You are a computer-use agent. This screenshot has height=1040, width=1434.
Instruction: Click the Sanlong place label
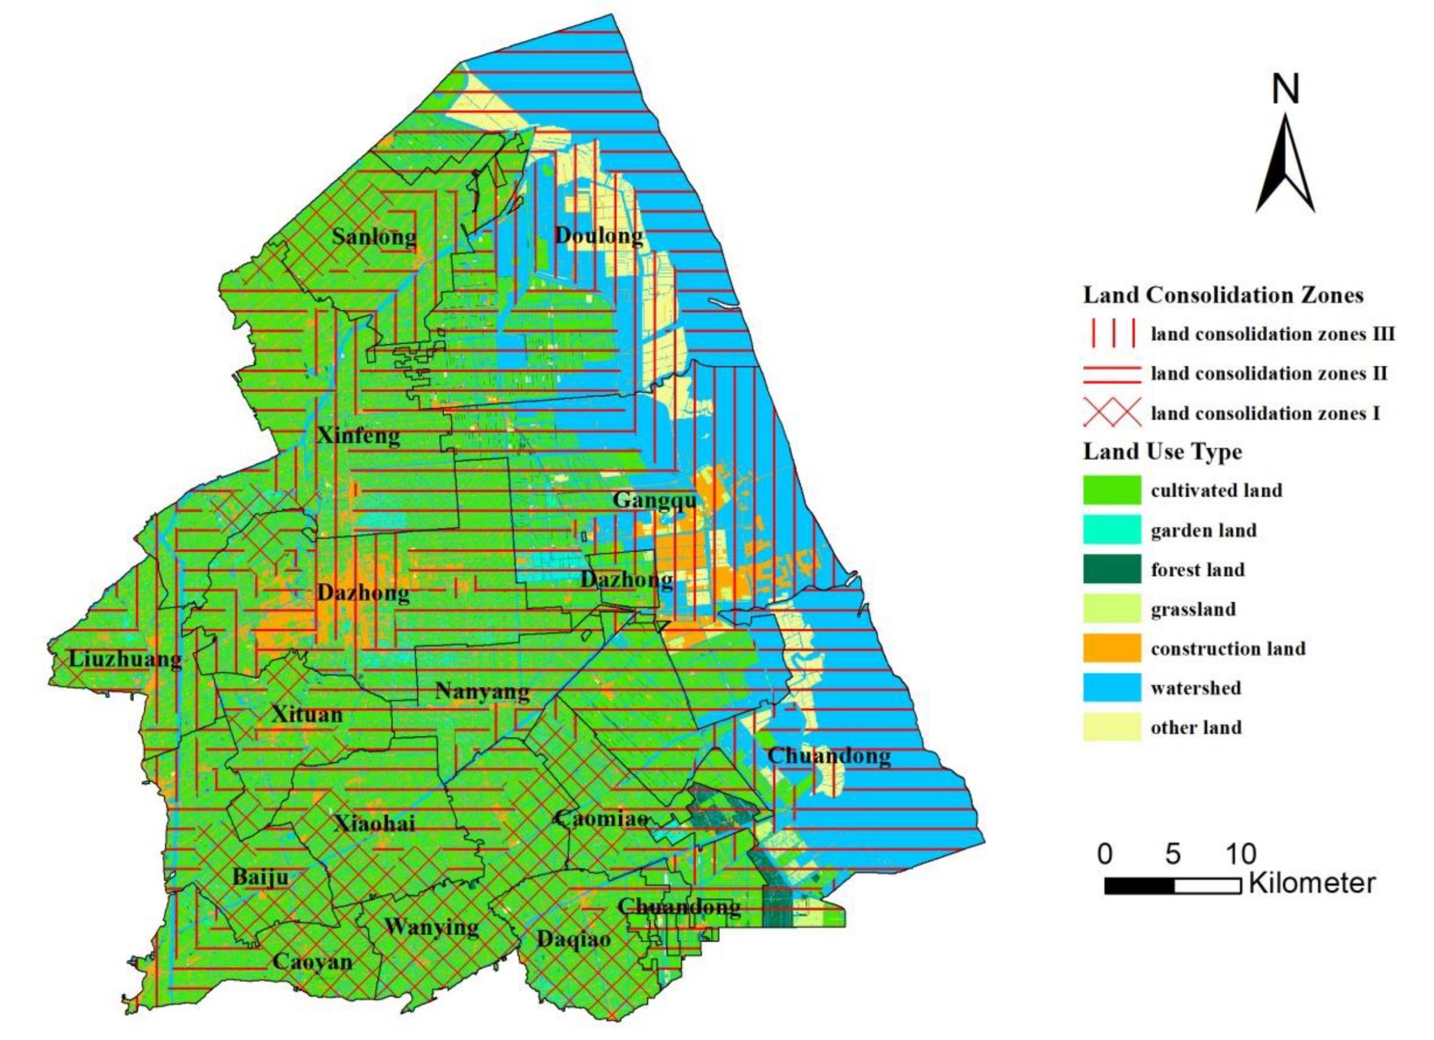coord(373,237)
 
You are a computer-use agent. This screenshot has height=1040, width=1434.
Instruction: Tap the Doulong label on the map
coord(598,236)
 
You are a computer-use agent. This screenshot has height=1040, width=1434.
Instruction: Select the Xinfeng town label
coord(358,435)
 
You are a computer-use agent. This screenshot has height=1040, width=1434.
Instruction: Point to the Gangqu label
coord(655,500)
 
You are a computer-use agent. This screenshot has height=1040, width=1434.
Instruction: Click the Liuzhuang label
coord(125,659)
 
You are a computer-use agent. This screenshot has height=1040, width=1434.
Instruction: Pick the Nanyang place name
coord(482,691)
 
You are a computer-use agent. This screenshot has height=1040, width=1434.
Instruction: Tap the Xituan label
coord(307,714)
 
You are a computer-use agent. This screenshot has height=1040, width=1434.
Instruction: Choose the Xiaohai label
coord(374,822)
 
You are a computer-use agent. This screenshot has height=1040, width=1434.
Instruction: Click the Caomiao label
coord(601,819)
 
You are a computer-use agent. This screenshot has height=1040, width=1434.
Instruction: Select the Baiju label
coord(260,877)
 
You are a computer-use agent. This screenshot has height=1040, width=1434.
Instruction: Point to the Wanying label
coord(431,927)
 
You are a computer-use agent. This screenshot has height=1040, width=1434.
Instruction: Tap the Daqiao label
coord(573,939)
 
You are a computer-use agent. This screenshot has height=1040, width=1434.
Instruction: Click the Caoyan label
coord(312,962)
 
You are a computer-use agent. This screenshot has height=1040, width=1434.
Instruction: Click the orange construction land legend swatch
coord(1111,648)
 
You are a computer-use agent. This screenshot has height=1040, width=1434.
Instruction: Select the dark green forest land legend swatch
coord(1111,569)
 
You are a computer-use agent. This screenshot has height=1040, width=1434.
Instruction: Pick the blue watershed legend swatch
coord(1111,687)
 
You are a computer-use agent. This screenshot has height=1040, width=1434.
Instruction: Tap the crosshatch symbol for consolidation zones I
coord(1111,412)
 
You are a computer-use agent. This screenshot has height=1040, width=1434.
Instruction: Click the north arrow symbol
coord(1285,164)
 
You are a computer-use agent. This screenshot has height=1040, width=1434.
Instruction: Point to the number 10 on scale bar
coord(1240,854)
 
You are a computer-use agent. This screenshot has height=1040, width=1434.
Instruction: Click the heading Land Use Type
coord(1162,452)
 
